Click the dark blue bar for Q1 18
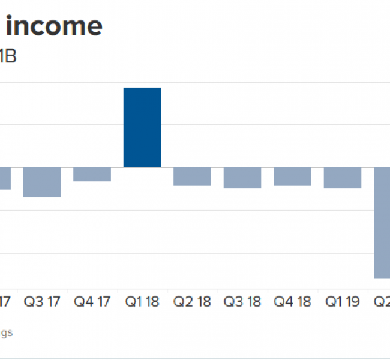click(142, 127)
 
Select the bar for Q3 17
click(42, 182)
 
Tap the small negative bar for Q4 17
click(92, 174)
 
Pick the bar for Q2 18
click(193, 176)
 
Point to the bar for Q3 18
click(242, 178)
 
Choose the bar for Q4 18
click(293, 176)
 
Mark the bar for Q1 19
click(343, 178)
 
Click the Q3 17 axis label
click(42, 301)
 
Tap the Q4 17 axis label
click(92, 301)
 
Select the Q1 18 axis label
click(142, 301)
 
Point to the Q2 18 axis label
click(193, 301)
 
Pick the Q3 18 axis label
click(242, 301)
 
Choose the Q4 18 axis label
click(293, 301)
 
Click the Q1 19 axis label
click(343, 301)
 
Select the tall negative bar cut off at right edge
click(382, 223)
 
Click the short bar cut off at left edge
click(5, 178)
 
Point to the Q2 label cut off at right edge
click(382, 301)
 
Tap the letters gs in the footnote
click(6, 332)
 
